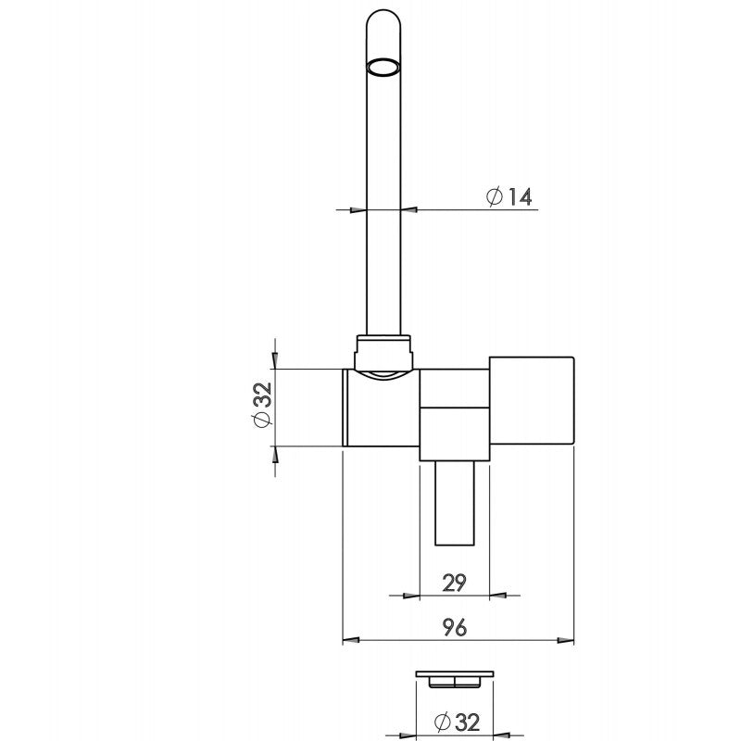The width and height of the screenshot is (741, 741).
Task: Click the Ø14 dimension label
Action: tap(509, 196)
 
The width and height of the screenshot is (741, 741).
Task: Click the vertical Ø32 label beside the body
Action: tap(262, 405)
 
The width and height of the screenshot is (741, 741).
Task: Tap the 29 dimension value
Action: tap(454, 583)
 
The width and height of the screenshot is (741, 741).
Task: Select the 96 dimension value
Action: tap(455, 627)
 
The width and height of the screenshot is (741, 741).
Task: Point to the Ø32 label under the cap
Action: tap(457, 722)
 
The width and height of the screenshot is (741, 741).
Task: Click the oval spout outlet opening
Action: tap(383, 67)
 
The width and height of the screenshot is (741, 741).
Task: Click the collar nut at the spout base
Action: tap(383, 353)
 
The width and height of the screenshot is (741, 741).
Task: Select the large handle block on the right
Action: tap(532, 400)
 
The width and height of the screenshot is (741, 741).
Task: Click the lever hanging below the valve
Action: tap(455, 503)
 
